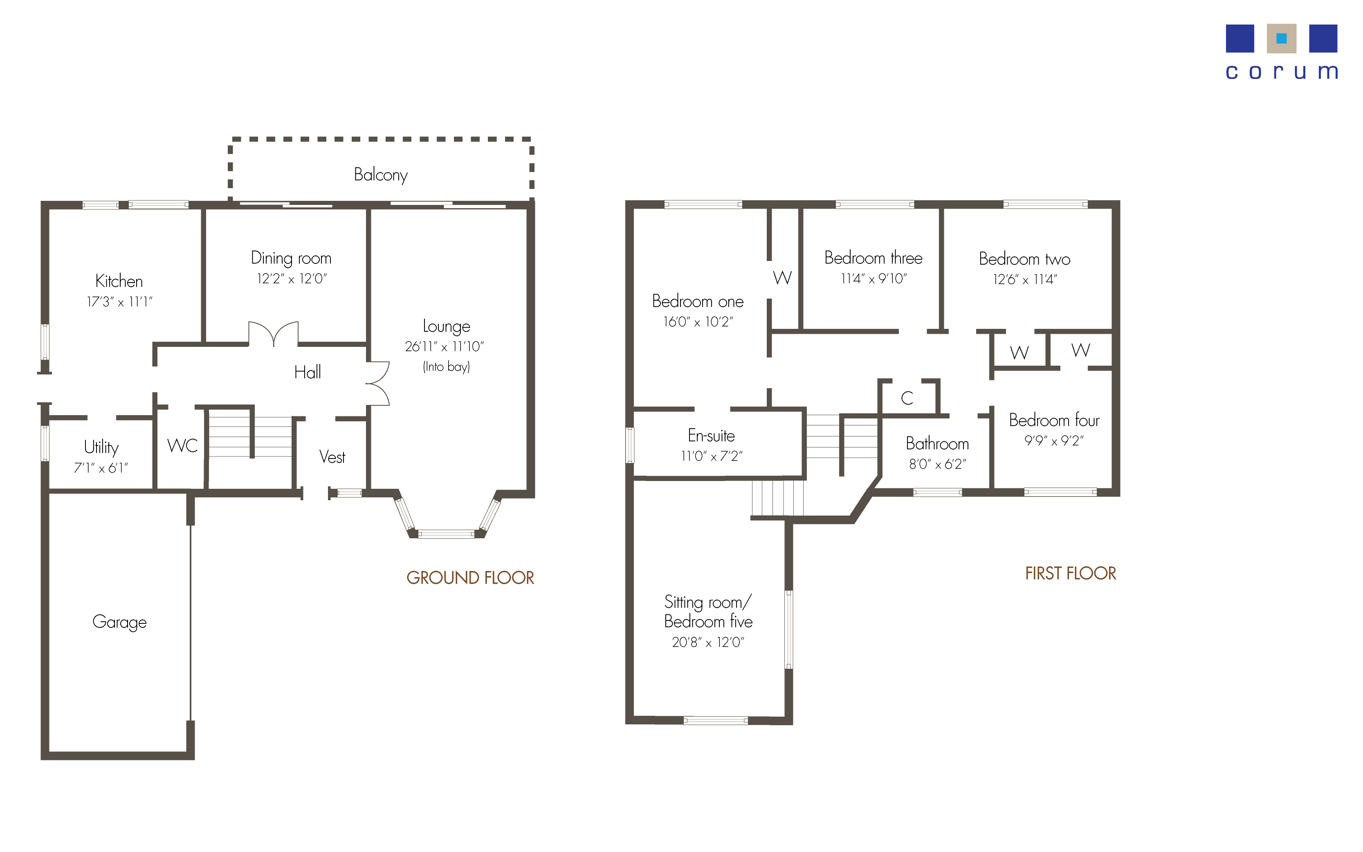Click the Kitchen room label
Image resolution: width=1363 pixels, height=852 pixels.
click(x=119, y=281)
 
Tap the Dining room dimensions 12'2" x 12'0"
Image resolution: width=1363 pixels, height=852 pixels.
click(x=292, y=279)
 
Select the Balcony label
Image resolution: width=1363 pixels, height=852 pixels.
click(x=381, y=175)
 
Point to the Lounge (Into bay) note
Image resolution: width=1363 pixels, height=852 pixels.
click(x=446, y=367)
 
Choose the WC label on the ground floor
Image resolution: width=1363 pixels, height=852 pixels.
click(x=182, y=446)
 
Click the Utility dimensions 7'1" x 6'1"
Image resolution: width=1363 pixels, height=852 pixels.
click(x=101, y=468)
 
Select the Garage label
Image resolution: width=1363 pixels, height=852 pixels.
click(x=119, y=622)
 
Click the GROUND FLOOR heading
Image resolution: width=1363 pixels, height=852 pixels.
click(x=470, y=578)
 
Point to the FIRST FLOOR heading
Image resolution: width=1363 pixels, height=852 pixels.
click(x=1070, y=573)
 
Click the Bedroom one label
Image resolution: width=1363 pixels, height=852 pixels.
click(x=697, y=301)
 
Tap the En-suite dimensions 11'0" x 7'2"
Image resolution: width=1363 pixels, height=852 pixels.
click(x=711, y=456)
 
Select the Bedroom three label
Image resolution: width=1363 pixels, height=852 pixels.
click(x=873, y=258)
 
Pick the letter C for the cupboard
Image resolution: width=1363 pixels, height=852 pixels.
click(x=907, y=398)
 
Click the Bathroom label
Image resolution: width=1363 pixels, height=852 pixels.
click(x=937, y=443)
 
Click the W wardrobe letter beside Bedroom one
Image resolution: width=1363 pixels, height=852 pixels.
click(x=782, y=278)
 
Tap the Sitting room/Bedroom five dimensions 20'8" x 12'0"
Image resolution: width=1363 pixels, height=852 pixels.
click(x=708, y=643)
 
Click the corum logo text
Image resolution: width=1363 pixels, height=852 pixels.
click(x=1281, y=72)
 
